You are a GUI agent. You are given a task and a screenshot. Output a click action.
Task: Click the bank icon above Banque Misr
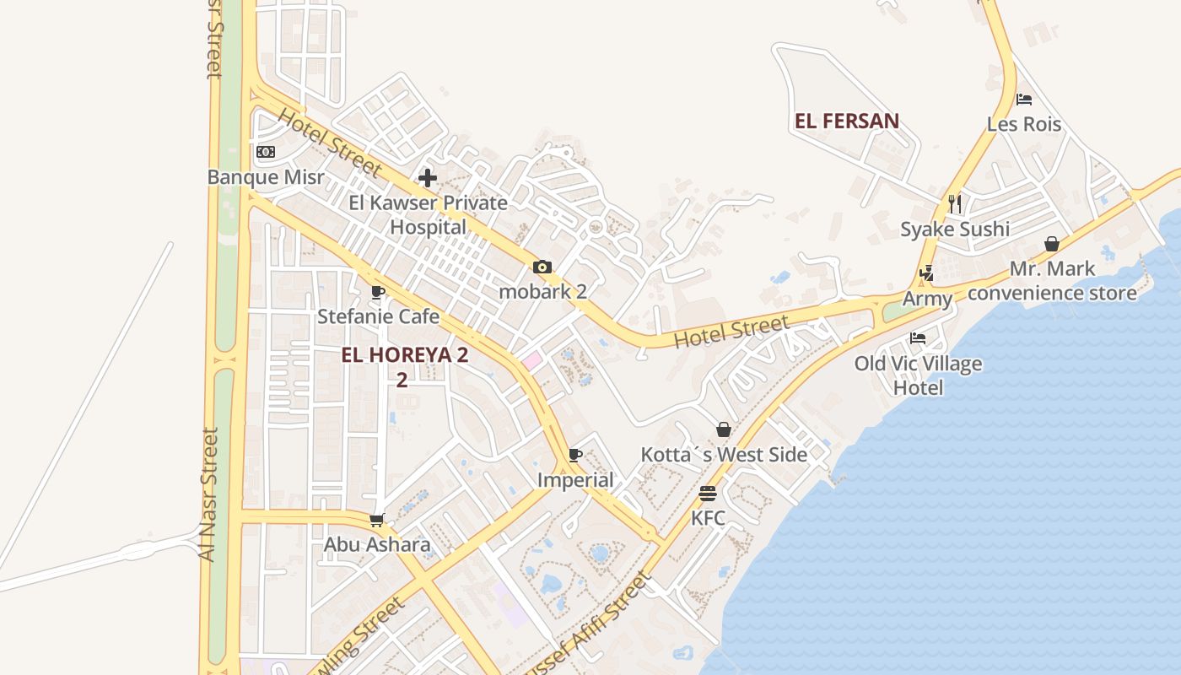266,152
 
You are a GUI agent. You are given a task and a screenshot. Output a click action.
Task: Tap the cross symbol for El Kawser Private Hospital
428,178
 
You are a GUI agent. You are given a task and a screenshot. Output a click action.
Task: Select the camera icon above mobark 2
542,267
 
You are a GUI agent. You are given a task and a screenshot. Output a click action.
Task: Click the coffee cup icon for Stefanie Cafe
378,292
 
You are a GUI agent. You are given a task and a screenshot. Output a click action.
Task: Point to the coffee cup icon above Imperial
575,456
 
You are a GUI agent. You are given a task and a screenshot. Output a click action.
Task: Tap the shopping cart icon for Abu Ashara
377,520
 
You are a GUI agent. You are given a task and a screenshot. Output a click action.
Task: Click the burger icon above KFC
708,494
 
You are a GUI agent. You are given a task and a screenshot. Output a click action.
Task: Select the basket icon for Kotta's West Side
724,429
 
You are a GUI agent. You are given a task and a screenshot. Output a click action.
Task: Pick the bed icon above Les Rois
1024,100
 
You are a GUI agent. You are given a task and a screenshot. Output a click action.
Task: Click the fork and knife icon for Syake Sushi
955,203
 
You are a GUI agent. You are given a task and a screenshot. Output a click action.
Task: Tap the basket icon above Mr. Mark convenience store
1052,244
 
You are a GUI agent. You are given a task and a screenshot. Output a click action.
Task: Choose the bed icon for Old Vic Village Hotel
918,338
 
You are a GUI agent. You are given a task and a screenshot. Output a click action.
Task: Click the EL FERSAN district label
847,121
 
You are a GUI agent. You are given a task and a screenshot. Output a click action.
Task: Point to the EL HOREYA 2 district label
404,355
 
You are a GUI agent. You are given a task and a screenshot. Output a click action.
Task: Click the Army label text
927,299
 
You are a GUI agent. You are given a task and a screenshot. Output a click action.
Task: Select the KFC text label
708,518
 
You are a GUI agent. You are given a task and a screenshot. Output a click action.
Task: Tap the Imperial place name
576,480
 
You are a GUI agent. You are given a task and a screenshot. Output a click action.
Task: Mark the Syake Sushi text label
955,229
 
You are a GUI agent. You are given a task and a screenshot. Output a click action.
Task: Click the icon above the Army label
927,273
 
